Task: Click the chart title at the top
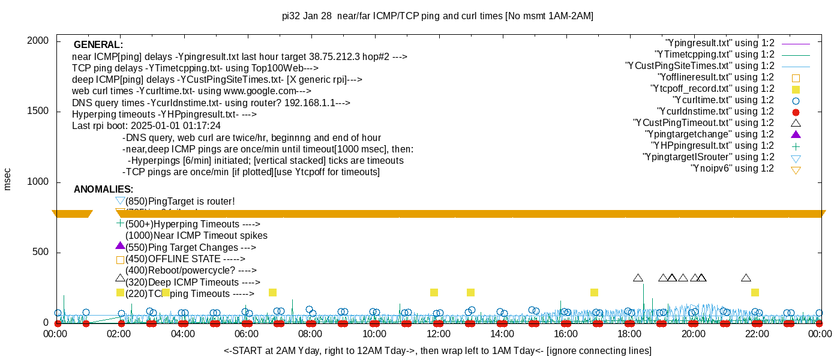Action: tap(437, 16)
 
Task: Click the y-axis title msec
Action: tap(8, 179)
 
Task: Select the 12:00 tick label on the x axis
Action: tap(438, 334)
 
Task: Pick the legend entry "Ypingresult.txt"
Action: tap(719, 43)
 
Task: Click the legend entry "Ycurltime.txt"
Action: tap(723, 100)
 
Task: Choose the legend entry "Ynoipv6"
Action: tap(732, 169)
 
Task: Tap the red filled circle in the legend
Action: tap(796, 112)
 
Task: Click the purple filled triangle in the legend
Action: tap(796, 134)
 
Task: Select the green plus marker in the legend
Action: tap(796, 146)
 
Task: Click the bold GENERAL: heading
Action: tap(98, 45)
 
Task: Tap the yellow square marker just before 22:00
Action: tap(755, 293)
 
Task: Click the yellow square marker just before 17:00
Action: tap(594, 293)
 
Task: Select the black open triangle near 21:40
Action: tap(746, 278)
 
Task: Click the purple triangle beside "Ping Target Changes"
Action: tap(120, 246)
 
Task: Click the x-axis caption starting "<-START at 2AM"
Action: tap(437, 350)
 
